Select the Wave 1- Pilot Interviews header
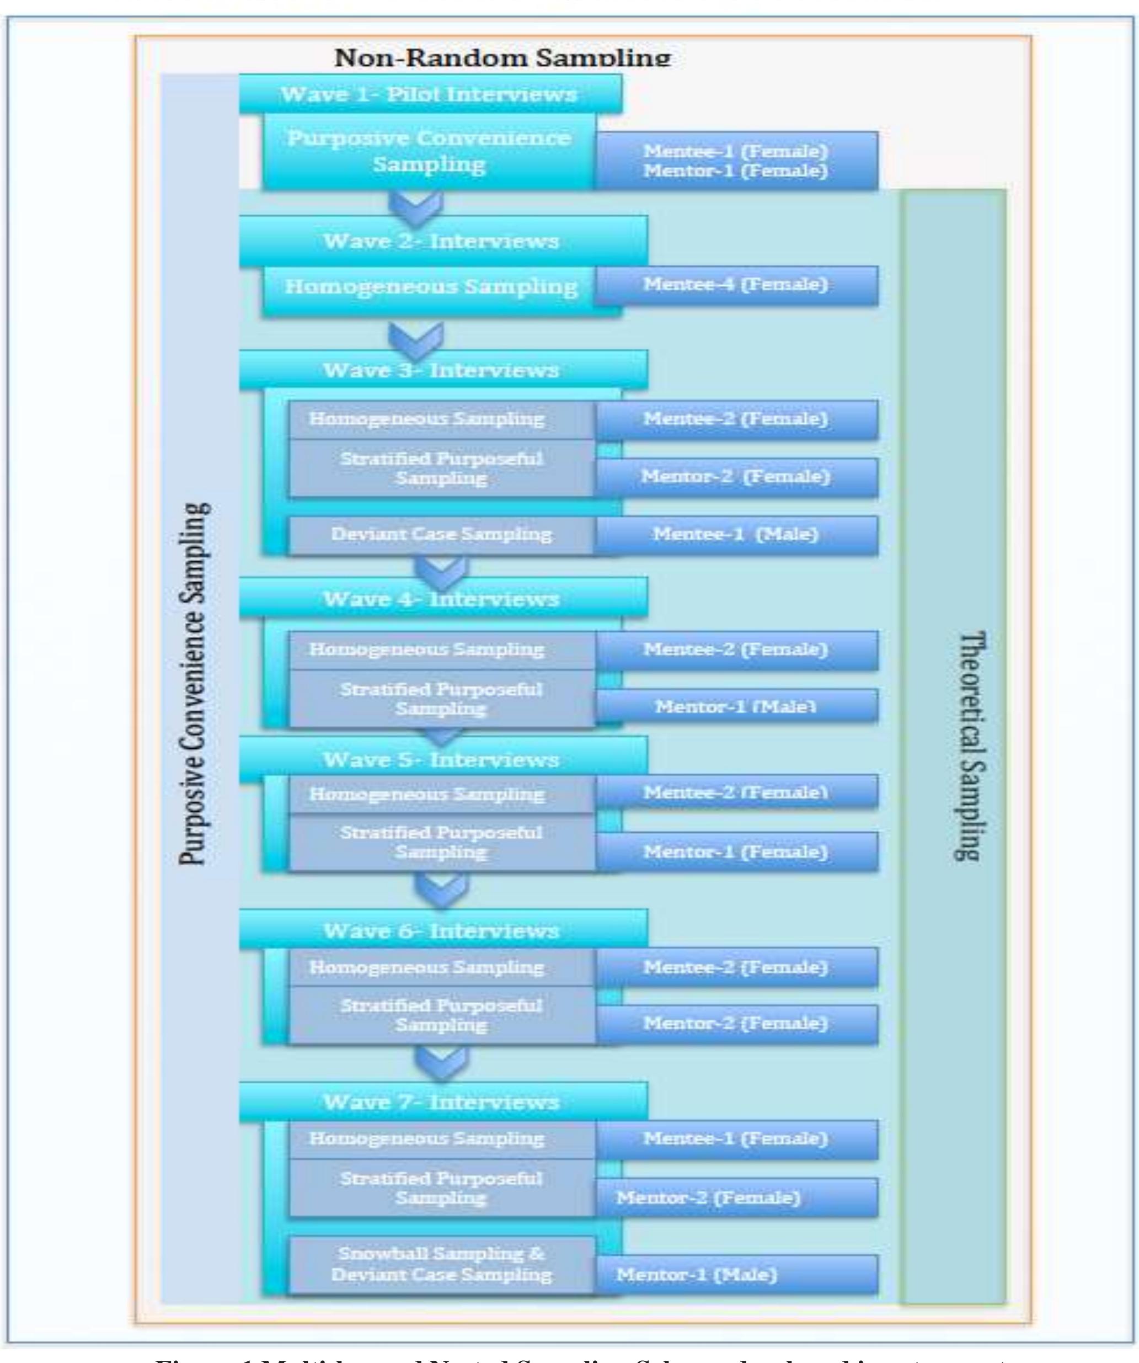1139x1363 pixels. (x=429, y=95)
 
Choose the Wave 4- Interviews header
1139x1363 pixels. (x=441, y=598)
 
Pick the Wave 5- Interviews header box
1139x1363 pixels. (x=441, y=759)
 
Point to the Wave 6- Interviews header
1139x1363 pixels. (x=441, y=931)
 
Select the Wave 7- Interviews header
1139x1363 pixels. (x=441, y=1102)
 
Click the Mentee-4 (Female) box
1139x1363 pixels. (x=736, y=285)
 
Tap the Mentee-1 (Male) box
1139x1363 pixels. (x=736, y=535)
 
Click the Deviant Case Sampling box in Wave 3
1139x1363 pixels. (x=441, y=535)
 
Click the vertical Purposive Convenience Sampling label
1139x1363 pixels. (x=195, y=681)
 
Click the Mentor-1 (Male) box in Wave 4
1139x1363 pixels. (x=736, y=706)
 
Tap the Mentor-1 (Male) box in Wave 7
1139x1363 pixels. (x=736, y=1275)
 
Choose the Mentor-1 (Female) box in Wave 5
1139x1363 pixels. (x=736, y=851)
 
